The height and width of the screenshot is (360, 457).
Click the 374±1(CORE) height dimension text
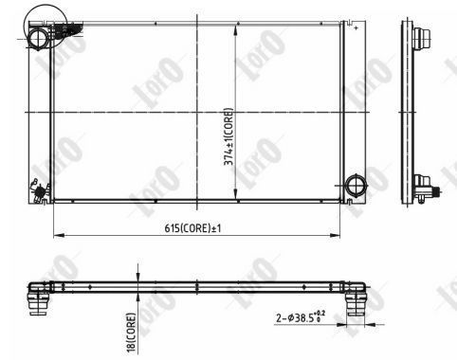228,136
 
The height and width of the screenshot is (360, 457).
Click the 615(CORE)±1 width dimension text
192,228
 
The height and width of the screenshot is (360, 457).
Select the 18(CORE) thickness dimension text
131,332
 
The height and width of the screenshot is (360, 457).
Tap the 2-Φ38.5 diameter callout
301,317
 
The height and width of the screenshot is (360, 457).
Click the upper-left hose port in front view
39,38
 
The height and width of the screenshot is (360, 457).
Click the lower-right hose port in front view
356,185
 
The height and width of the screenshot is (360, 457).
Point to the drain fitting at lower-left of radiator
39,190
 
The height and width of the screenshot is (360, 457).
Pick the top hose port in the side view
421,38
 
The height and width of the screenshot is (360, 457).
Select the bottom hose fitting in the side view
428,189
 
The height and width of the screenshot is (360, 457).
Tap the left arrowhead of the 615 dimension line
59,235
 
